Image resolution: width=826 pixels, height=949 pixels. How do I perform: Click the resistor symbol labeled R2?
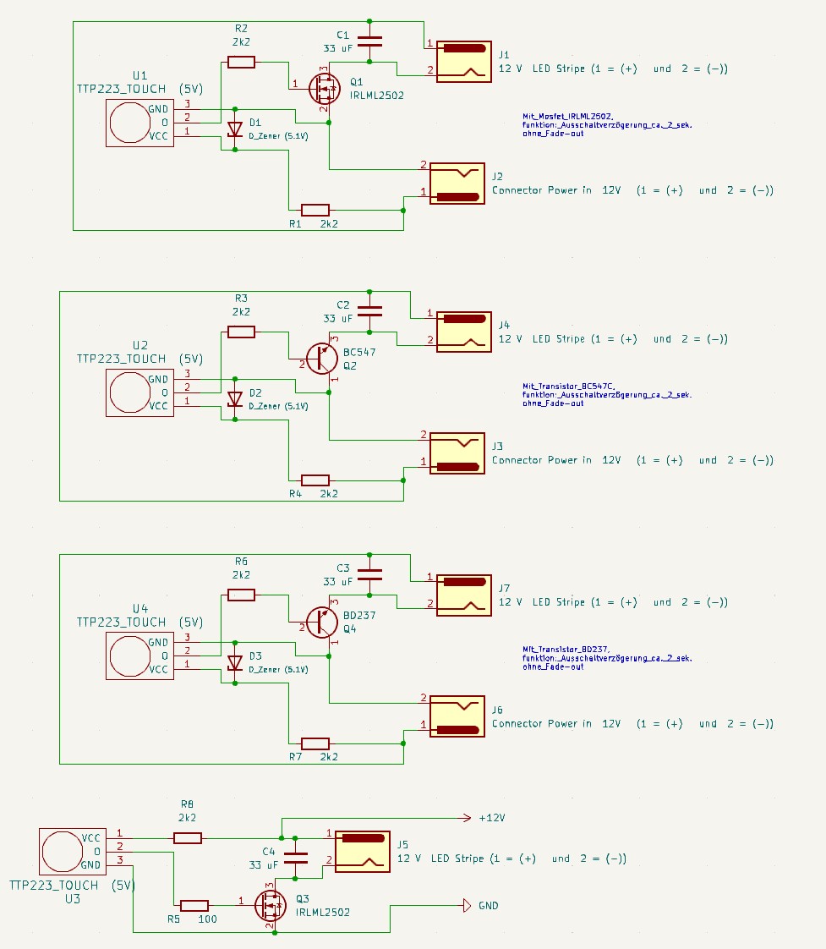pos(241,62)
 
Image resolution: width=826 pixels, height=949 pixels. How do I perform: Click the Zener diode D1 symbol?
pos(235,129)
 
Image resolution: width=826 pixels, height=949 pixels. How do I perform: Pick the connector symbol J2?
pos(457,184)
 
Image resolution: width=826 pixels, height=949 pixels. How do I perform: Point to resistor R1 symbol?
pos(315,209)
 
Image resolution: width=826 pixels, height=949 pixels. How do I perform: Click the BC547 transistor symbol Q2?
pos(322,359)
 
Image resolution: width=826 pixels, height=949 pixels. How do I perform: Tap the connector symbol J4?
pos(463,332)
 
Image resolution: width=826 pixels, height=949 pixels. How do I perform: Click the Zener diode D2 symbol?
pos(235,399)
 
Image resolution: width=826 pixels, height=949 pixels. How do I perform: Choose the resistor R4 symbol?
pos(315,480)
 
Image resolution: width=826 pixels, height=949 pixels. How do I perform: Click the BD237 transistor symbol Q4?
pos(322,622)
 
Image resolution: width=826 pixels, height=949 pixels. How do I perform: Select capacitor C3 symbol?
pos(369,574)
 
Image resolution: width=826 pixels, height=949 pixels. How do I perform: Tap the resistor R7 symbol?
pos(315,743)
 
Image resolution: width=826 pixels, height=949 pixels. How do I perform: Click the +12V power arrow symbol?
pos(463,818)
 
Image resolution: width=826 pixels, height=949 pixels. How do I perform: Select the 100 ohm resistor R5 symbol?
pos(194,905)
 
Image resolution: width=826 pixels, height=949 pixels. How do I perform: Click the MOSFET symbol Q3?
pos(271,905)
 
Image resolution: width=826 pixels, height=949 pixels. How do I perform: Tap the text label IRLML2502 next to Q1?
pos(376,96)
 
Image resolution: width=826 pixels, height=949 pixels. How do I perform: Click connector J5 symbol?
pos(363,851)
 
